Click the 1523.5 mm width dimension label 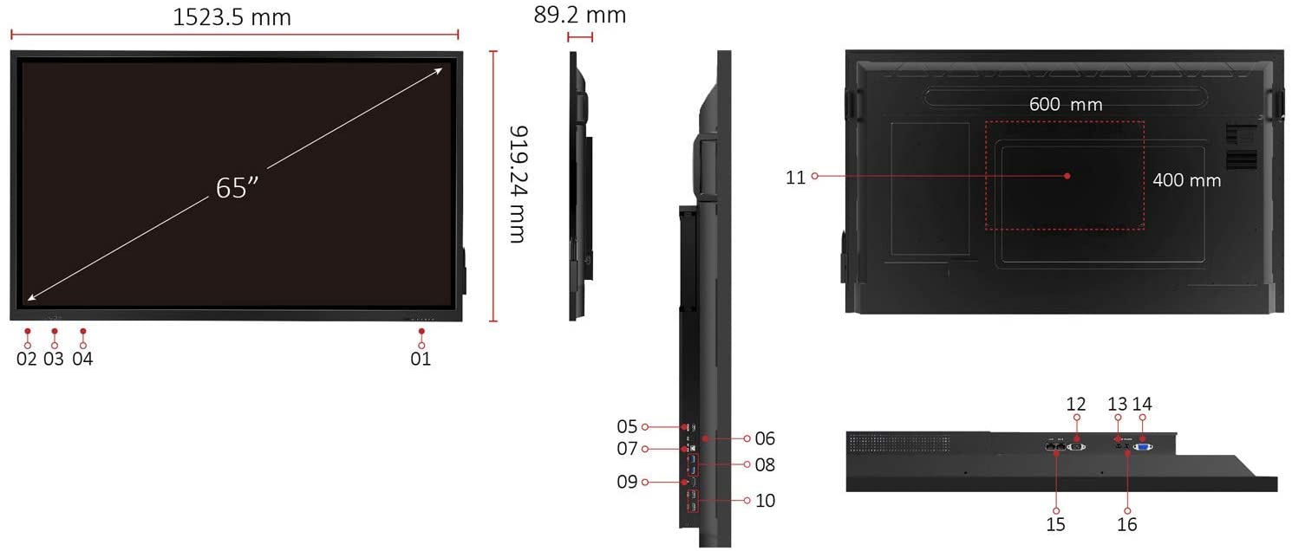tap(232, 17)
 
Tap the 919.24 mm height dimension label tap(518, 185)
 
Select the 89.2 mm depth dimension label tap(580, 15)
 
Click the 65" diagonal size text tap(237, 188)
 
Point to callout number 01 tap(421, 359)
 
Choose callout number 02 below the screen tap(27, 359)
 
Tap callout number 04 tap(82, 359)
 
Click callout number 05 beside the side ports tap(627, 426)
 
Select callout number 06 tap(765, 438)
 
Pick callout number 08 tap(765, 465)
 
